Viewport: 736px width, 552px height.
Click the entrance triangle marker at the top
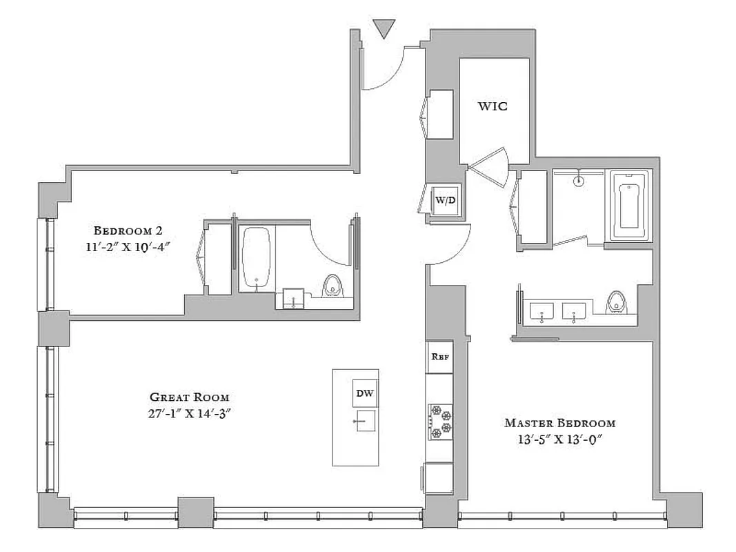[x=384, y=29]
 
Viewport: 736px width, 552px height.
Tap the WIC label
[x=493, y=106]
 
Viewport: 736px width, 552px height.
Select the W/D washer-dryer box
[x=445, y=200]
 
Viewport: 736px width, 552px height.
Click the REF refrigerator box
[x=439, y=357]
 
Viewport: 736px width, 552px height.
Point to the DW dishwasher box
[x=365, y=394]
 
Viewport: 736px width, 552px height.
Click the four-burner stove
[x=440, y=422]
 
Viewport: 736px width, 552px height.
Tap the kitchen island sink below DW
[x=365, y=420]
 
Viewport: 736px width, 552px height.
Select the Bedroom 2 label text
[x=128, y=230]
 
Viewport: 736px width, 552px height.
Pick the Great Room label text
[x=190, y=397]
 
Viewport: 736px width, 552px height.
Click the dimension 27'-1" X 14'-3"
[x=190, y=414]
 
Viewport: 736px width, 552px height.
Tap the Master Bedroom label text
[x=559, y=423]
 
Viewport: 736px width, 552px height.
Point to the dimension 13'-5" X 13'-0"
[x=559, y=440]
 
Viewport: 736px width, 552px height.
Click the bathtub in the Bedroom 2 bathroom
[x=257, y=258]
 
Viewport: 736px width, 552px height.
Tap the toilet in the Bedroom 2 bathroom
[x=332, y=286]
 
